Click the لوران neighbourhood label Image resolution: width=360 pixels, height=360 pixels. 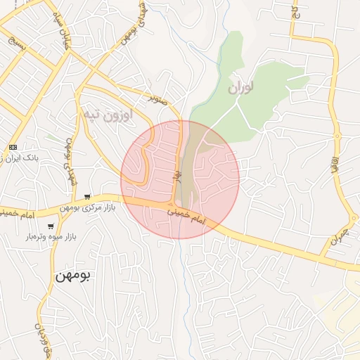pyautogui.click(x=240, y=88)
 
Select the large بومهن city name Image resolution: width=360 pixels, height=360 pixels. pyautogui.click(x=73, y=275)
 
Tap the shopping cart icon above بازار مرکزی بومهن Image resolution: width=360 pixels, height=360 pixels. pyautogui.click(x=86, y=197)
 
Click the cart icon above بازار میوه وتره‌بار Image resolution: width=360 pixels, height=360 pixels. pyautogui.click(x=51, y=226)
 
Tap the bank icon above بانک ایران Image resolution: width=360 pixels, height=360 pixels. pyautogui.click(x=13, y=146)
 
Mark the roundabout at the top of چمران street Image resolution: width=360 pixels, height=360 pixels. pyautogui.click(x=337, y=136)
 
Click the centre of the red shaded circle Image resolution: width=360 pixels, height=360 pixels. pyautogui.click(x=180, y=179)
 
